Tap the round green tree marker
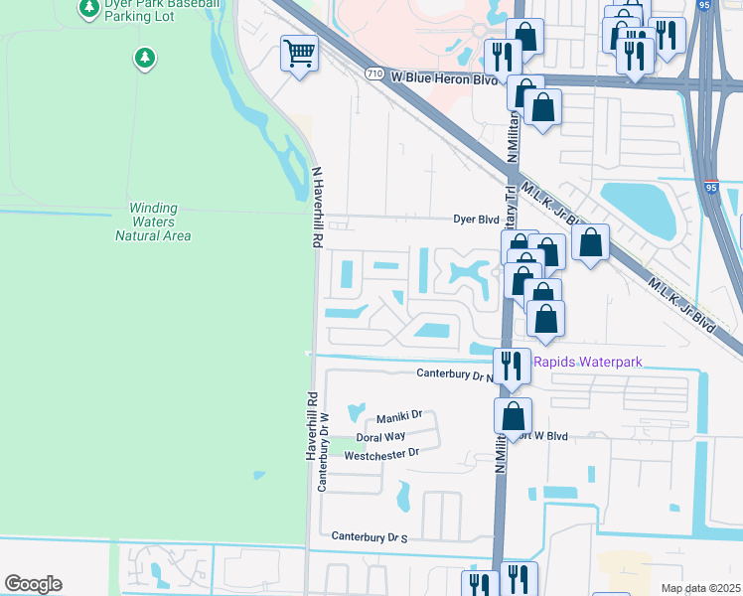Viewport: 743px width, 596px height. (145, 59)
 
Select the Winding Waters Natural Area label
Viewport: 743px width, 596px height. (153, 223)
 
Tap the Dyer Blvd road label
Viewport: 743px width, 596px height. (475, 219)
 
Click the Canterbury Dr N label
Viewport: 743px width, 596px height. (454, 374)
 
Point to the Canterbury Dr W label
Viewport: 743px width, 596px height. (322, 451)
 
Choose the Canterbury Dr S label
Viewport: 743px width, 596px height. (371, 537)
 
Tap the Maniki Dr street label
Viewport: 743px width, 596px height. (399, 415)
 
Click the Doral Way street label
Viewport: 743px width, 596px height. (381, 436)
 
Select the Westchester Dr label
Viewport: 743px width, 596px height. (381, 454)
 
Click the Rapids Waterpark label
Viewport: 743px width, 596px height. (588, 362)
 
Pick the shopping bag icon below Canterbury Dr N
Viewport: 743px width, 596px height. (513, 414)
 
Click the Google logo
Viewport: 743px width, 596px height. (33, 584)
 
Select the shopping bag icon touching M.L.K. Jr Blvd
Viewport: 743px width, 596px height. (590, 241)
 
